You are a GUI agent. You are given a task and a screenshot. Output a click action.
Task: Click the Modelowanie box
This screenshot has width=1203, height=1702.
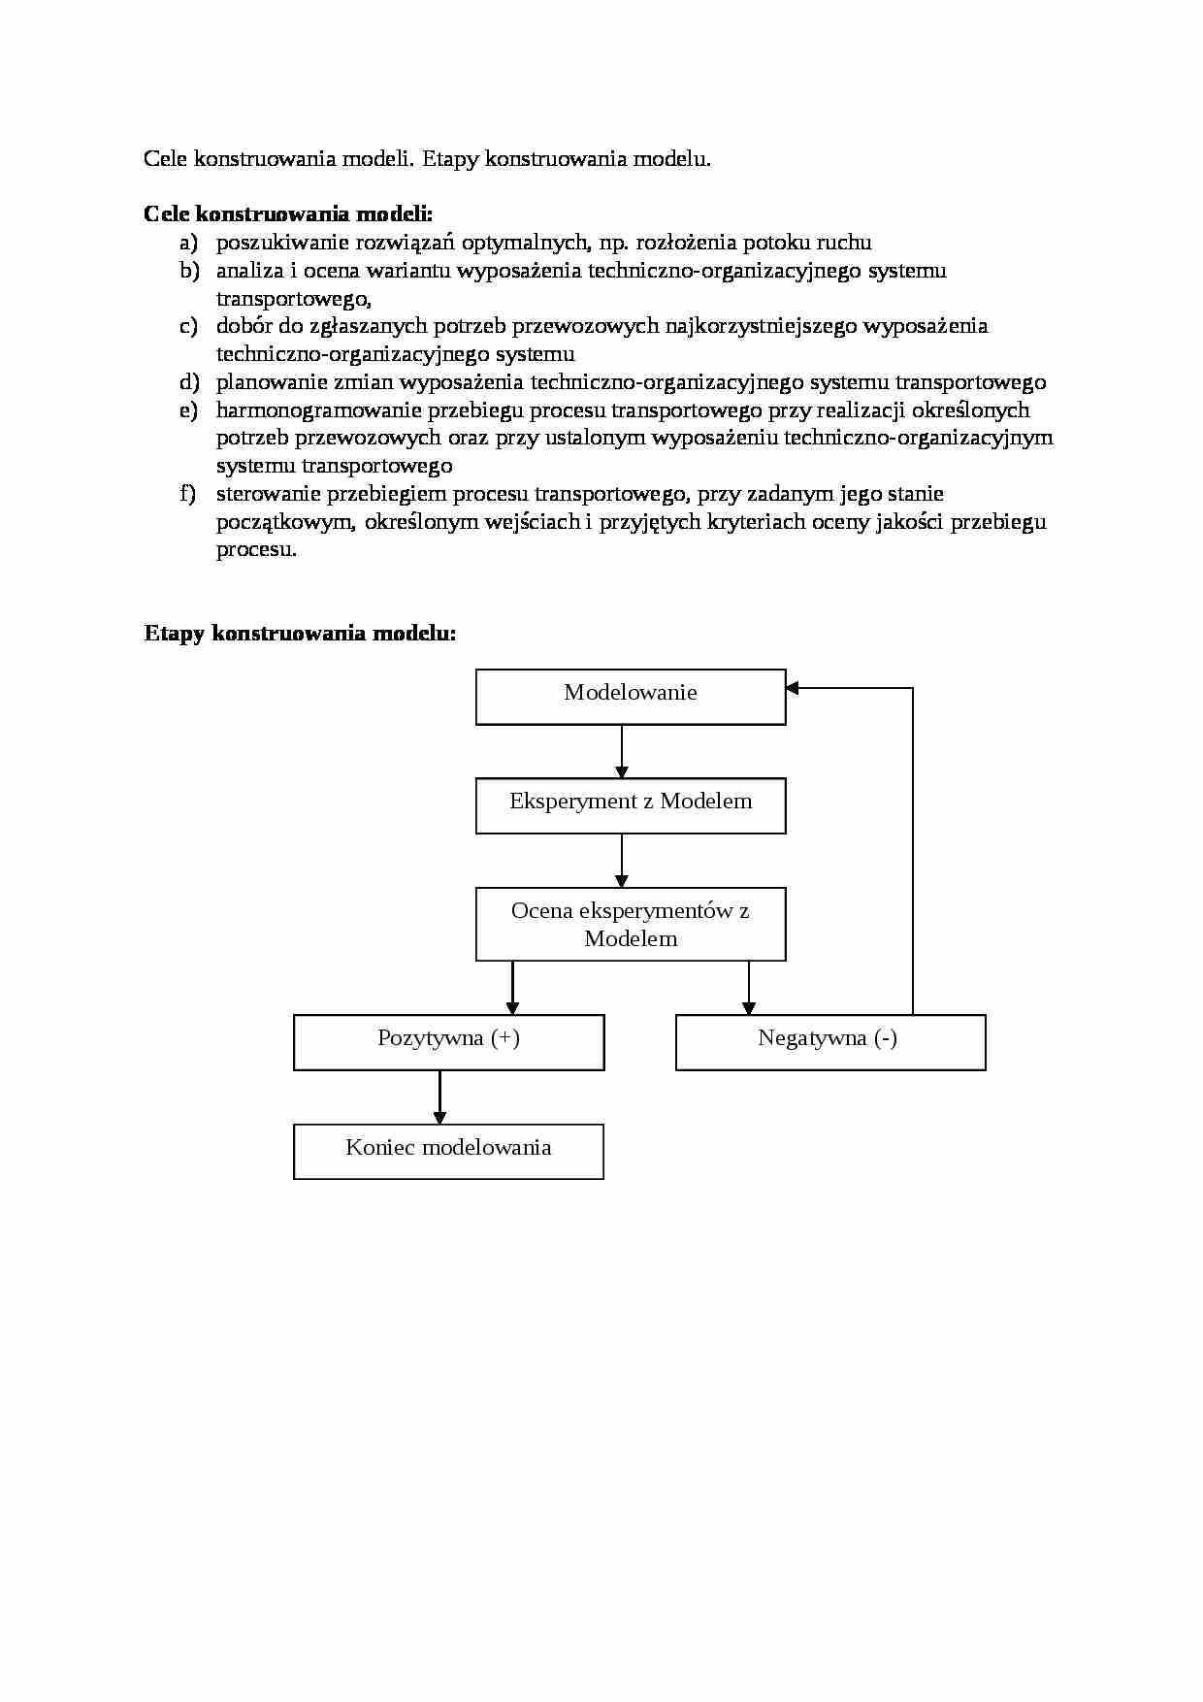pyautogui.click(x=631, y=696)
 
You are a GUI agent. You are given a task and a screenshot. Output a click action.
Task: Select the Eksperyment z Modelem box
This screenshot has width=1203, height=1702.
pyautogui.click(x=631, y=805)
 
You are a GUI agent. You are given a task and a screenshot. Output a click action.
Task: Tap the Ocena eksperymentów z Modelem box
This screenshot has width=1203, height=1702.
pyautogui.click(x=631, y=924)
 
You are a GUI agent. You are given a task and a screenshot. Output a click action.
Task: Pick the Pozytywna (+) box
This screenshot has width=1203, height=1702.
pyautogui.click(x=448, y=1042)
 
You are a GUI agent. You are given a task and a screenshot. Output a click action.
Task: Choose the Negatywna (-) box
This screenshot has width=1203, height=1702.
pyautogui.click(x=830, y=1042)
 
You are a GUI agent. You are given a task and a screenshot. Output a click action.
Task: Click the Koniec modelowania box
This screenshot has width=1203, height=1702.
pyautogui.click(x=448, y=1151)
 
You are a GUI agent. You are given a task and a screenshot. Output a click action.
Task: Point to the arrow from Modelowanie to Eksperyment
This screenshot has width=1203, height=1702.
pyautogui.click(x=622, y=751)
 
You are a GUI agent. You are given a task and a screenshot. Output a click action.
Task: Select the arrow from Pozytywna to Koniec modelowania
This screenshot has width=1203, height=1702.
pyautogui.click(x=439, y=1096)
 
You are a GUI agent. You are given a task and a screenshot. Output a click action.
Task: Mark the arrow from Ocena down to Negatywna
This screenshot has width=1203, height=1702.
pyautogui.click(x=748, y=987)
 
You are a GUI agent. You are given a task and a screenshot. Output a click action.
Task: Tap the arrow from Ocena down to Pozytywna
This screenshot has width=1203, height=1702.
pyautogui.click(x=512, y=987)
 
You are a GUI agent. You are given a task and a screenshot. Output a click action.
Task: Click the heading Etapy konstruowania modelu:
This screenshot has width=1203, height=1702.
pyautogui.click(x=300, y=634)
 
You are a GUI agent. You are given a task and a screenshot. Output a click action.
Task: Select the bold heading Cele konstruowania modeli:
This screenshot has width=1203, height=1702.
pyautogui.click(x=287, y=213)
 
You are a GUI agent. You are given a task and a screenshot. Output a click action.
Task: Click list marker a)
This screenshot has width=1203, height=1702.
pyautogui.click(x=188, y=242)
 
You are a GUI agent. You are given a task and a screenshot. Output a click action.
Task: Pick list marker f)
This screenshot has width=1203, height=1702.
pyautogui.click(x=187, y=494)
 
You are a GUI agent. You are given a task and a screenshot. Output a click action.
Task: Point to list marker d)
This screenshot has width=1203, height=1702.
pyautogui.click(x=188, y=382)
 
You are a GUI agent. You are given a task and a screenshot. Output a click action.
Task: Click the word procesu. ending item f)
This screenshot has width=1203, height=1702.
pyautogui.click(x=256, y=549)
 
